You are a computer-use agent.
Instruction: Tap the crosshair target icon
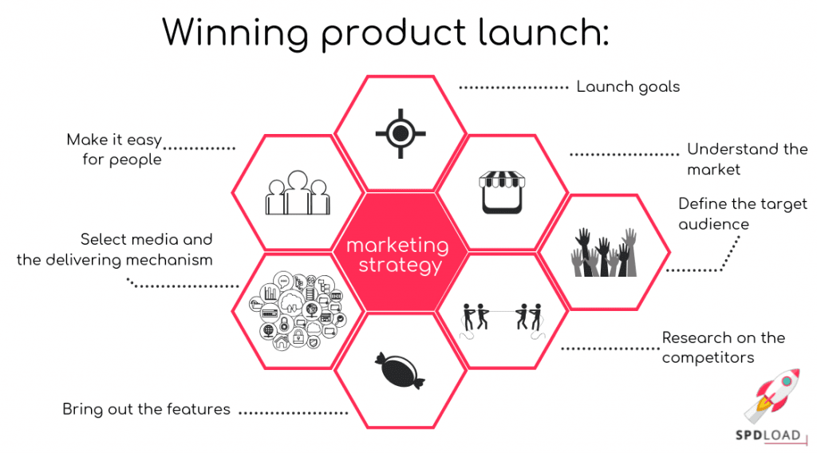click(401, 131)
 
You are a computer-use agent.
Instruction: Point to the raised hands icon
click(604, 252)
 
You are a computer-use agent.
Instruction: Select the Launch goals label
click(628, 86)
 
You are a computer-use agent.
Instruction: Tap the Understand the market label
click(747, 159)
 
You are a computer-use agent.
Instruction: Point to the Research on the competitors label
click(723, 348)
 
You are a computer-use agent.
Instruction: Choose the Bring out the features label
click(146, 410)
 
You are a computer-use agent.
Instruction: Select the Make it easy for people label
click(115, 149)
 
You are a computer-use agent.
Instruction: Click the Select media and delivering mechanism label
click(115, 249)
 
